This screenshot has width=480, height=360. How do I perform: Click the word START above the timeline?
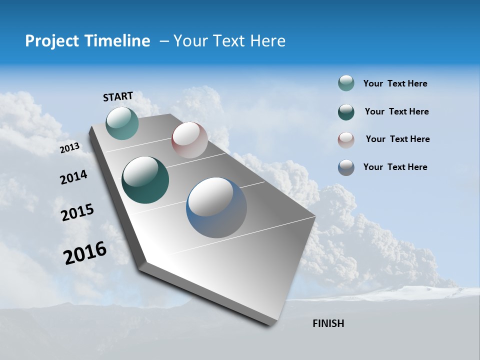(118, 96)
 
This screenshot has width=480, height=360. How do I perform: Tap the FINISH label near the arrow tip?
(328, 323)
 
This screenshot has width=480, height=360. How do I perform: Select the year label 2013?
(70, 148)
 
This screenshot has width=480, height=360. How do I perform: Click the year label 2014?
(74, 177)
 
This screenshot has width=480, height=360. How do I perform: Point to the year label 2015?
(77, 212)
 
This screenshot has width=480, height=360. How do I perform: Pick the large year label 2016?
(85, 253)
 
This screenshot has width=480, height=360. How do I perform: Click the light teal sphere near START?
(122, 123)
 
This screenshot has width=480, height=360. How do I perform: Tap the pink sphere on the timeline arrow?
(189, 140)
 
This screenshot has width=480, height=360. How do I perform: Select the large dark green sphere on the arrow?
(145, 180)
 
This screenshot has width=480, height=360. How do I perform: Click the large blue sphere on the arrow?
(216, 207)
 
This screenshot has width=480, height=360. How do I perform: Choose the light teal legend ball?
(346, 83)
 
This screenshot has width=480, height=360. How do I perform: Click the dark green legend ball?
(346, 112)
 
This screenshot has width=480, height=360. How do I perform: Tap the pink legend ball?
(346, 139)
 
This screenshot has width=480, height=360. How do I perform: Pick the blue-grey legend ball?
(346, 167)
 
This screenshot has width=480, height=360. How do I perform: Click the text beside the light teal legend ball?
(395, 84)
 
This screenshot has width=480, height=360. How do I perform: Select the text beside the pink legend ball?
(397, 139)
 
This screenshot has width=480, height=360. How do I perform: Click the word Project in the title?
(51, 41)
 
